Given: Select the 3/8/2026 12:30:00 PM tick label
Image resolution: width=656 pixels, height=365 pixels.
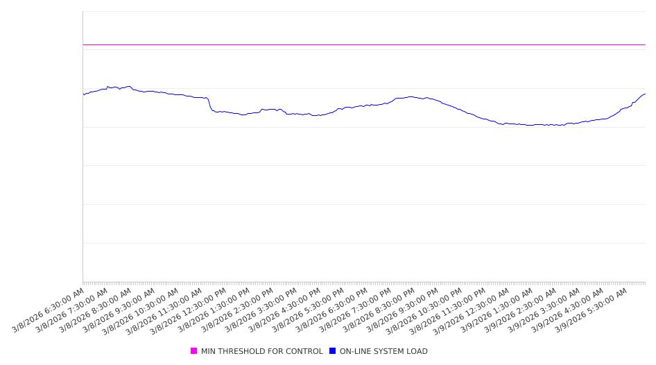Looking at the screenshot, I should click(x=187, y=311).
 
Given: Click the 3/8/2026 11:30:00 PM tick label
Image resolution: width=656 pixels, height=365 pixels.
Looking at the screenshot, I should click(x=447, y=311).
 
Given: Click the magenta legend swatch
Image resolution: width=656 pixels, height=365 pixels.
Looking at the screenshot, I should click(x=194, y=351).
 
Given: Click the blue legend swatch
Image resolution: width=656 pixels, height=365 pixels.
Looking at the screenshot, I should click(x=333, y=351).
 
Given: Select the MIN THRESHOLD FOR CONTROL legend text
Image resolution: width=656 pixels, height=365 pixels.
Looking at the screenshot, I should click(x=261, y=351).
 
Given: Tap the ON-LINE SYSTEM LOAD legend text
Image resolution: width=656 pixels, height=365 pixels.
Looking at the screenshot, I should click(x=383, y=351).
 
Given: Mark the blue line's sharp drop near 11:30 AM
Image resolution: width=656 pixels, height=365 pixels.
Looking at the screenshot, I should click(x=210, y=104).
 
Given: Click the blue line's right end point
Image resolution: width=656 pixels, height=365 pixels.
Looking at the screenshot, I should click(x=645, y=94).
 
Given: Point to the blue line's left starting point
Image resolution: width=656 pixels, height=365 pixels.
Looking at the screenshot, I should click(x=83, y=94).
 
